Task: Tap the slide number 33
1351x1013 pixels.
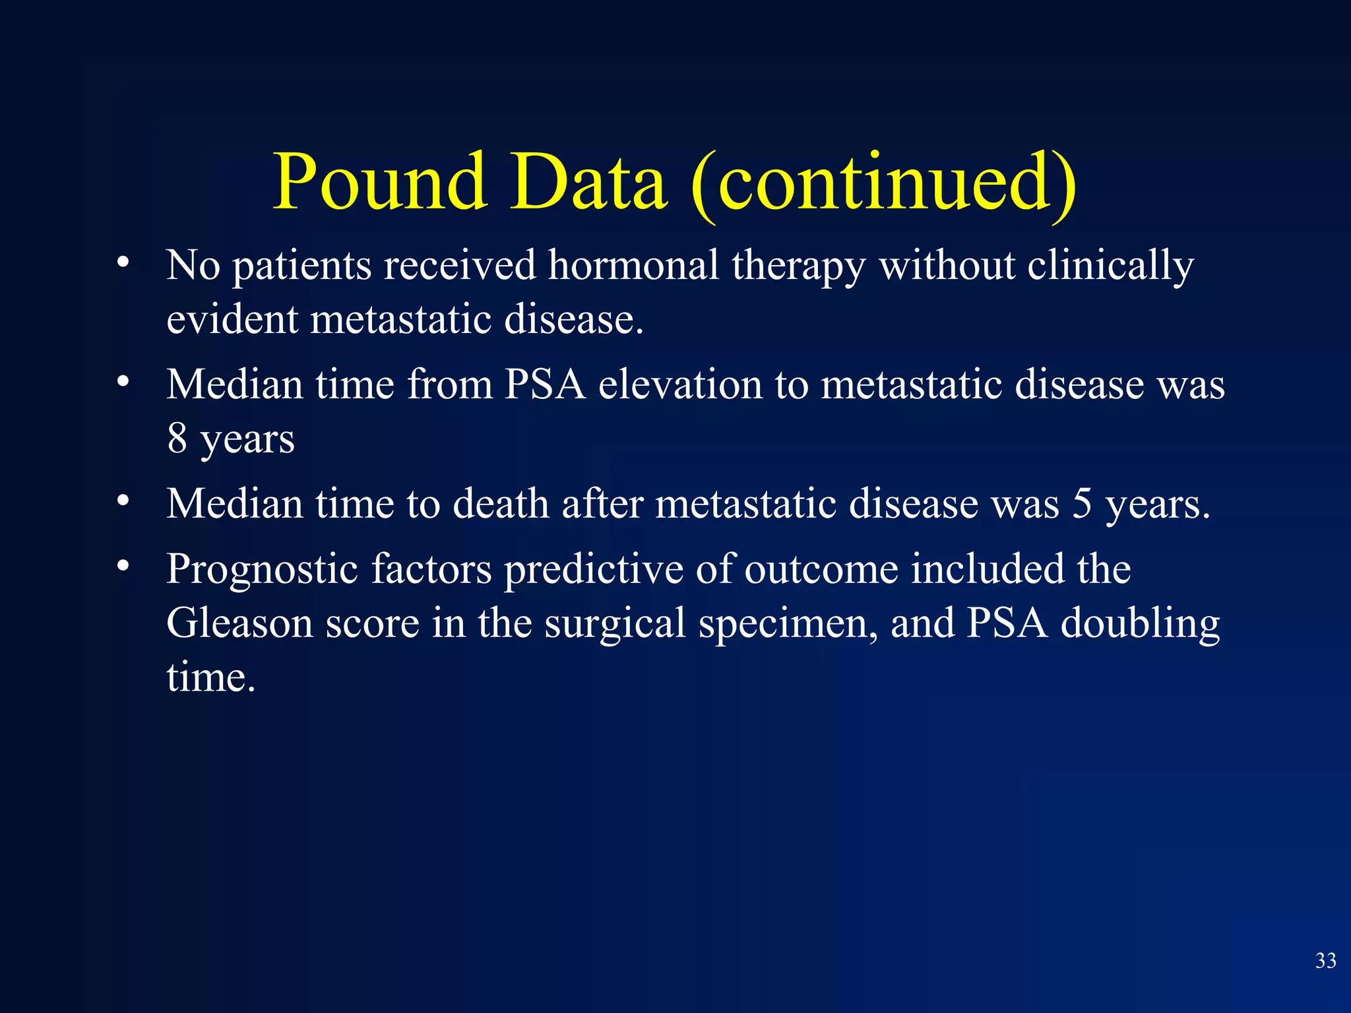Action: (x=1325, y=960)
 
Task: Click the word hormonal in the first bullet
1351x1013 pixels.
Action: (x=633, y=265)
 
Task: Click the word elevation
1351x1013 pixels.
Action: (x=680, y=384)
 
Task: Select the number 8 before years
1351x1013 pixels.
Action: (x=177, y=438)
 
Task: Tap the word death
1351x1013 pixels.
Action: (x=501, y=504)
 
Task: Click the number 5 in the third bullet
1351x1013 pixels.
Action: (x=1082, y=504)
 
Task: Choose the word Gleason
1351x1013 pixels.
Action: (x=239, y=623)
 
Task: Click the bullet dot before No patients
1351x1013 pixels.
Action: (x=123, y=263)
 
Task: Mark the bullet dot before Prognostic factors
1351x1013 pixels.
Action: (x=123, y=567)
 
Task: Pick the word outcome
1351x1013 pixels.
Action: (x=821, y=569)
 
